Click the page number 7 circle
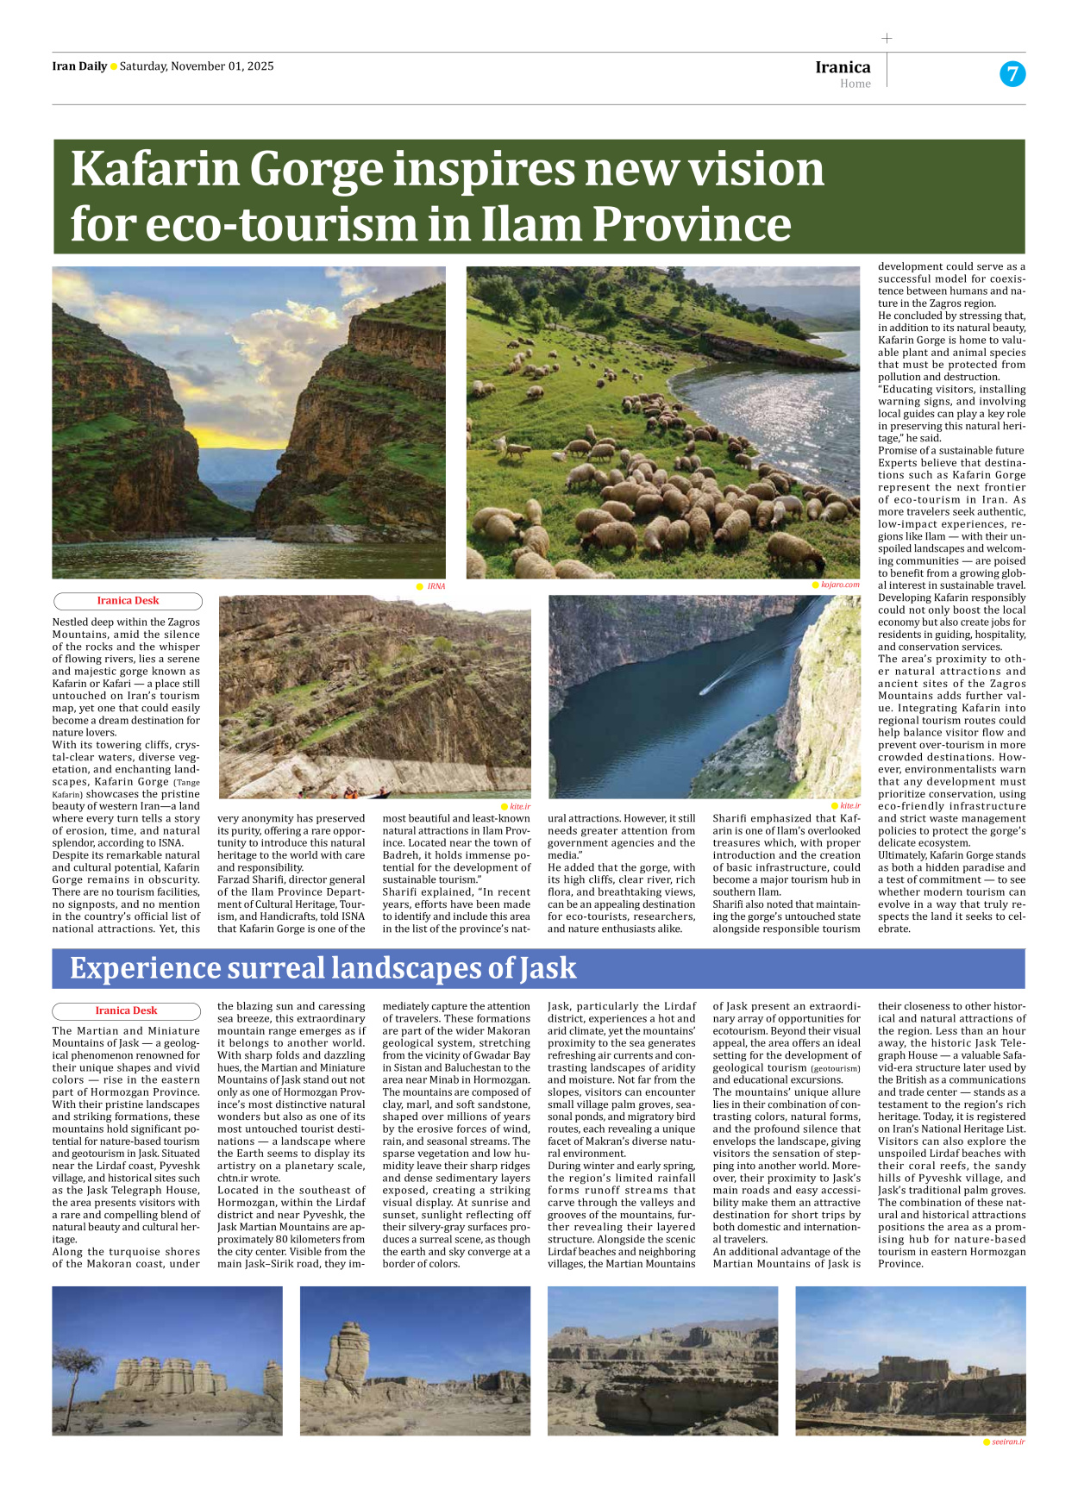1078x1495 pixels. click(1012, 74)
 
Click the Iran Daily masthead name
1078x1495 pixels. click(79, 66)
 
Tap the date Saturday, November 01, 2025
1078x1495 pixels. click(197, 66)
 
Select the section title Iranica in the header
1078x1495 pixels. click(843, 67)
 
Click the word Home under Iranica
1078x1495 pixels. click(856, 84)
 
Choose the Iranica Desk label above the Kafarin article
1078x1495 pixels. click(128, 601)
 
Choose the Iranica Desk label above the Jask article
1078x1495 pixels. click(126, 1010)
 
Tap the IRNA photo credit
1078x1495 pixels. click(436, 586)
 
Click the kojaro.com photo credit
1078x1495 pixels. click(840, 585)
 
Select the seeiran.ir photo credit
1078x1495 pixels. click(1008, 1442)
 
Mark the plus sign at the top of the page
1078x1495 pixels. click(887, 38)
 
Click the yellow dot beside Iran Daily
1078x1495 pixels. click(114, 67)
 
